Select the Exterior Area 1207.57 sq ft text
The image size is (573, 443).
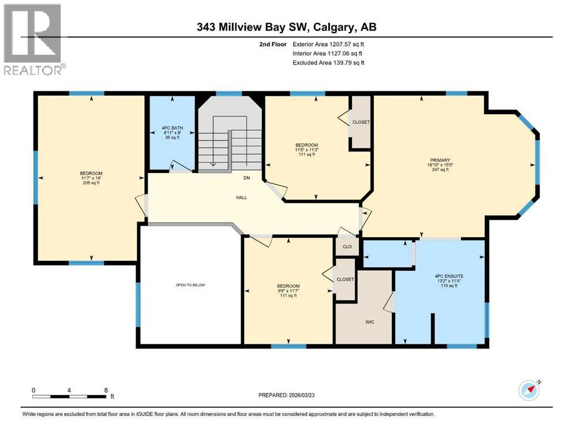[329, 44]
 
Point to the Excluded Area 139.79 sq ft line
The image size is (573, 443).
[329, 62]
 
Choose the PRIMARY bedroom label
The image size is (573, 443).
[443, 160]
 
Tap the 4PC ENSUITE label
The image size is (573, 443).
[449, 276]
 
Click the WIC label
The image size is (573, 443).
[370, 322]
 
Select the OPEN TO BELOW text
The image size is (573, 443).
[190, 285]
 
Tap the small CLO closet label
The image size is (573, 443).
[347, 246]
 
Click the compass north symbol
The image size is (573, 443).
[529, 390]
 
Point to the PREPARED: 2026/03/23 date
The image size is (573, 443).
[287, 395]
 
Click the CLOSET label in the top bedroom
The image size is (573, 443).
[361, 122]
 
